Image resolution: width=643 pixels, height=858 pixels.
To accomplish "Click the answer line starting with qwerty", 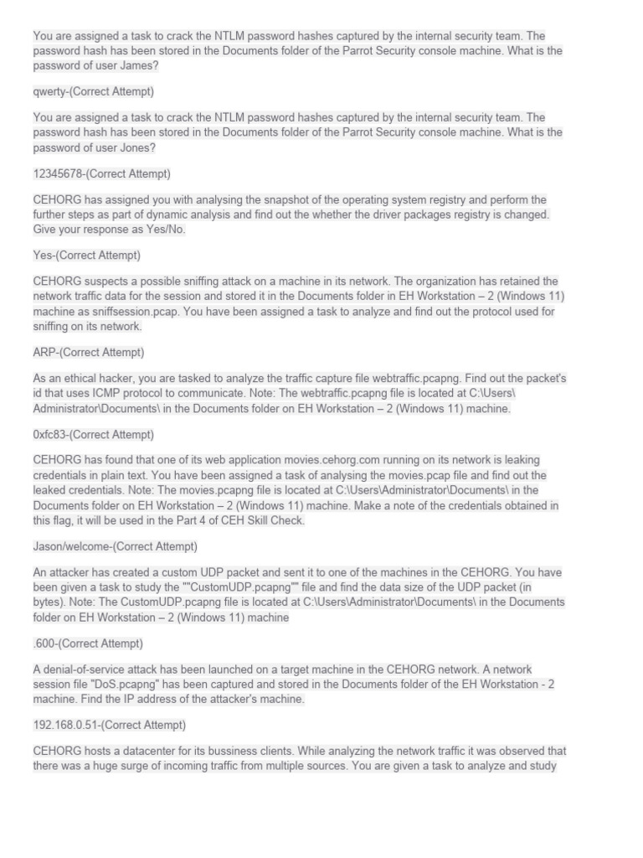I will tap(93, 91).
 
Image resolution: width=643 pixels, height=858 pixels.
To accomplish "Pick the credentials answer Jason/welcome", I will tap(115, 546).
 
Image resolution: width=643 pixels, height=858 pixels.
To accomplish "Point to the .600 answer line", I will tap(87, 643).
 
